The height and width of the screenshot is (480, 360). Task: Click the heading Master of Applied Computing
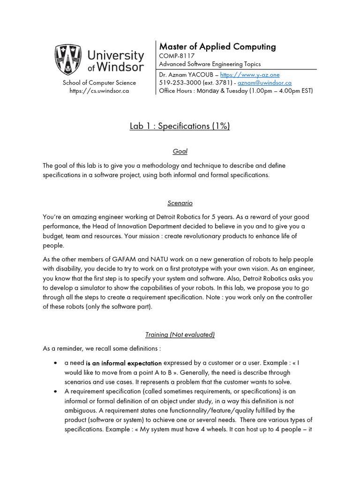(217, 46)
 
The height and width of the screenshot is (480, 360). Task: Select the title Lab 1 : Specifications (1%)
(180, 126)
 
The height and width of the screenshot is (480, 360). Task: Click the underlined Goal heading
(180, 151)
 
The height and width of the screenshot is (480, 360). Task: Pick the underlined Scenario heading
(180, 203)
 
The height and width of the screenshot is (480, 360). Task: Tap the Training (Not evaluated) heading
(180, 334)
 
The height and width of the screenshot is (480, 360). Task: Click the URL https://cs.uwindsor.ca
(99, 91)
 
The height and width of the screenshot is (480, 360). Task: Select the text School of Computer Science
(99, 83)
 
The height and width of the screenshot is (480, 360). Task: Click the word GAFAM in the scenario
(125, 259)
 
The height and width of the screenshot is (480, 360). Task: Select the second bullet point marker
(56, 391)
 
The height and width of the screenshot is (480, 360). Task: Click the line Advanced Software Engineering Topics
(210, 64)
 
